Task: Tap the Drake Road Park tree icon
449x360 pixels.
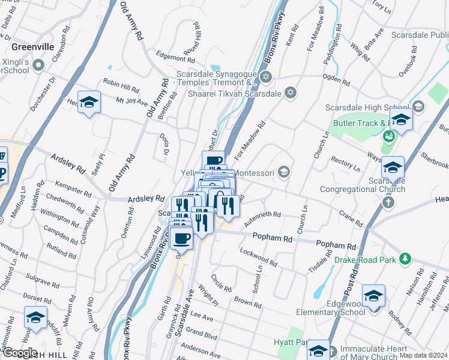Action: tap(406, 259)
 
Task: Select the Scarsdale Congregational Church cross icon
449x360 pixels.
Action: tap(388, 202)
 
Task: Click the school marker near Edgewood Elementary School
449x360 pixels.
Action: tap(373, 296)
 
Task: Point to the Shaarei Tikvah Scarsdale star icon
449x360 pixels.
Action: tap(291, 92)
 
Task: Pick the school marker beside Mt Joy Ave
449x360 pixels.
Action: tap(89, 103)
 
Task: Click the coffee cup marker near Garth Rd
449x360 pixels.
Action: tap(181, 237)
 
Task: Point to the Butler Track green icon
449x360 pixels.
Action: tap(388, 136)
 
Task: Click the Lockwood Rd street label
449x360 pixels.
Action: tap(258, 257)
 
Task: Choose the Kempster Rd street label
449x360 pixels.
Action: tap(72, 190)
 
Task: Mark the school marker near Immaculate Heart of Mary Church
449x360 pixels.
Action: tap(318, 350)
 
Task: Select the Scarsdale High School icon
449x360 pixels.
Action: tap(418, 107)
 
